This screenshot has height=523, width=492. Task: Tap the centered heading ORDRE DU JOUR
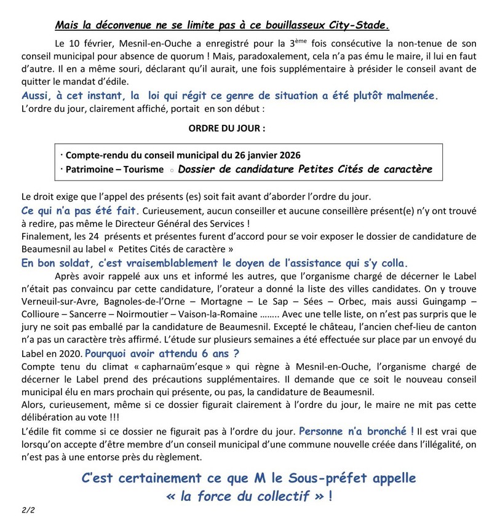click(x=227, y=130)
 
